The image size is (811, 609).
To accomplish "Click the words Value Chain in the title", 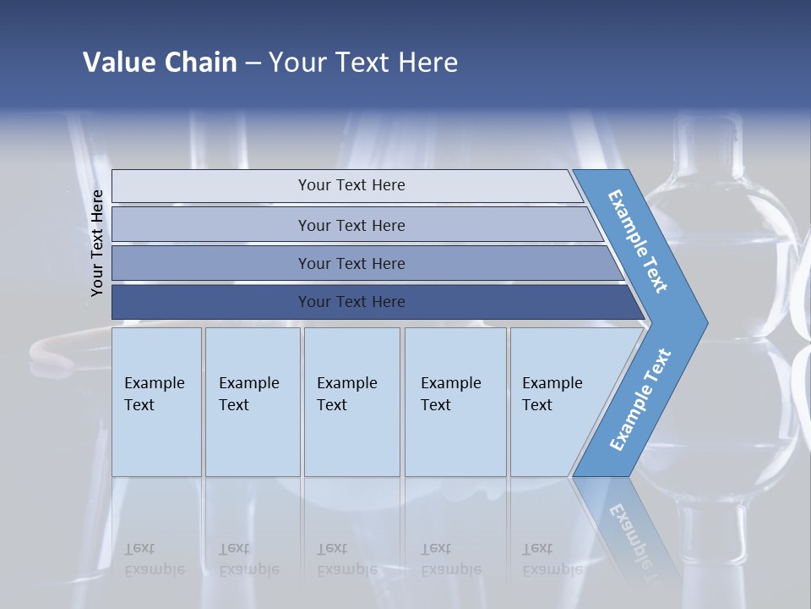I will [160, 63].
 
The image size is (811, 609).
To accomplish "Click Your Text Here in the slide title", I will [363, 63].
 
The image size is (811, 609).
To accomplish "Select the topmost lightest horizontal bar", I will [211, 186].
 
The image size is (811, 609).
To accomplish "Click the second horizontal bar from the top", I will [211, 225].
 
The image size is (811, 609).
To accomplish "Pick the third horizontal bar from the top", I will [211, 264].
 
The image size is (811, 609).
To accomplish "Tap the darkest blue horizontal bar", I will [211, 302].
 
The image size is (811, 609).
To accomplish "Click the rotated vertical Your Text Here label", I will [98, 244].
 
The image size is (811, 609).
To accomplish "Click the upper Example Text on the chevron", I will [638, 241].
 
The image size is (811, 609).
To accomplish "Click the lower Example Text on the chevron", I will [640, 399].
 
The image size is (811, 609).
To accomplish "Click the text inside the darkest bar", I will [351, 302].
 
